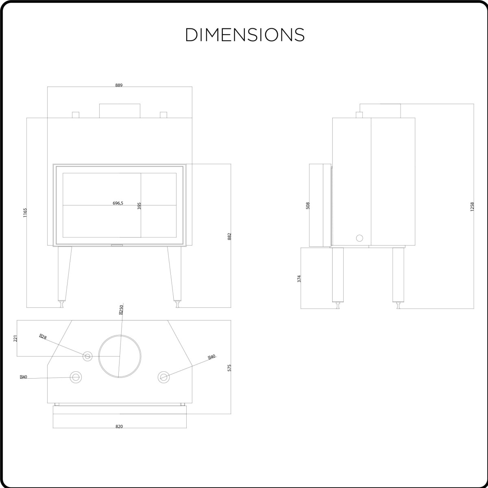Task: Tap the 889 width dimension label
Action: (119, 85)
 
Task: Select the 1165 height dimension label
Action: (25, 213)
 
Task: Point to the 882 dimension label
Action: (229, 237)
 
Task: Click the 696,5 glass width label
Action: (118, 203)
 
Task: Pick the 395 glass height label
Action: (139, 206)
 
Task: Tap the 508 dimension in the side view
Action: (308, 205)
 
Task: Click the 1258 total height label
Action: (472, 207)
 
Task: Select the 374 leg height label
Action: (299, 279)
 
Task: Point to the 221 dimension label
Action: (15, 338)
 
